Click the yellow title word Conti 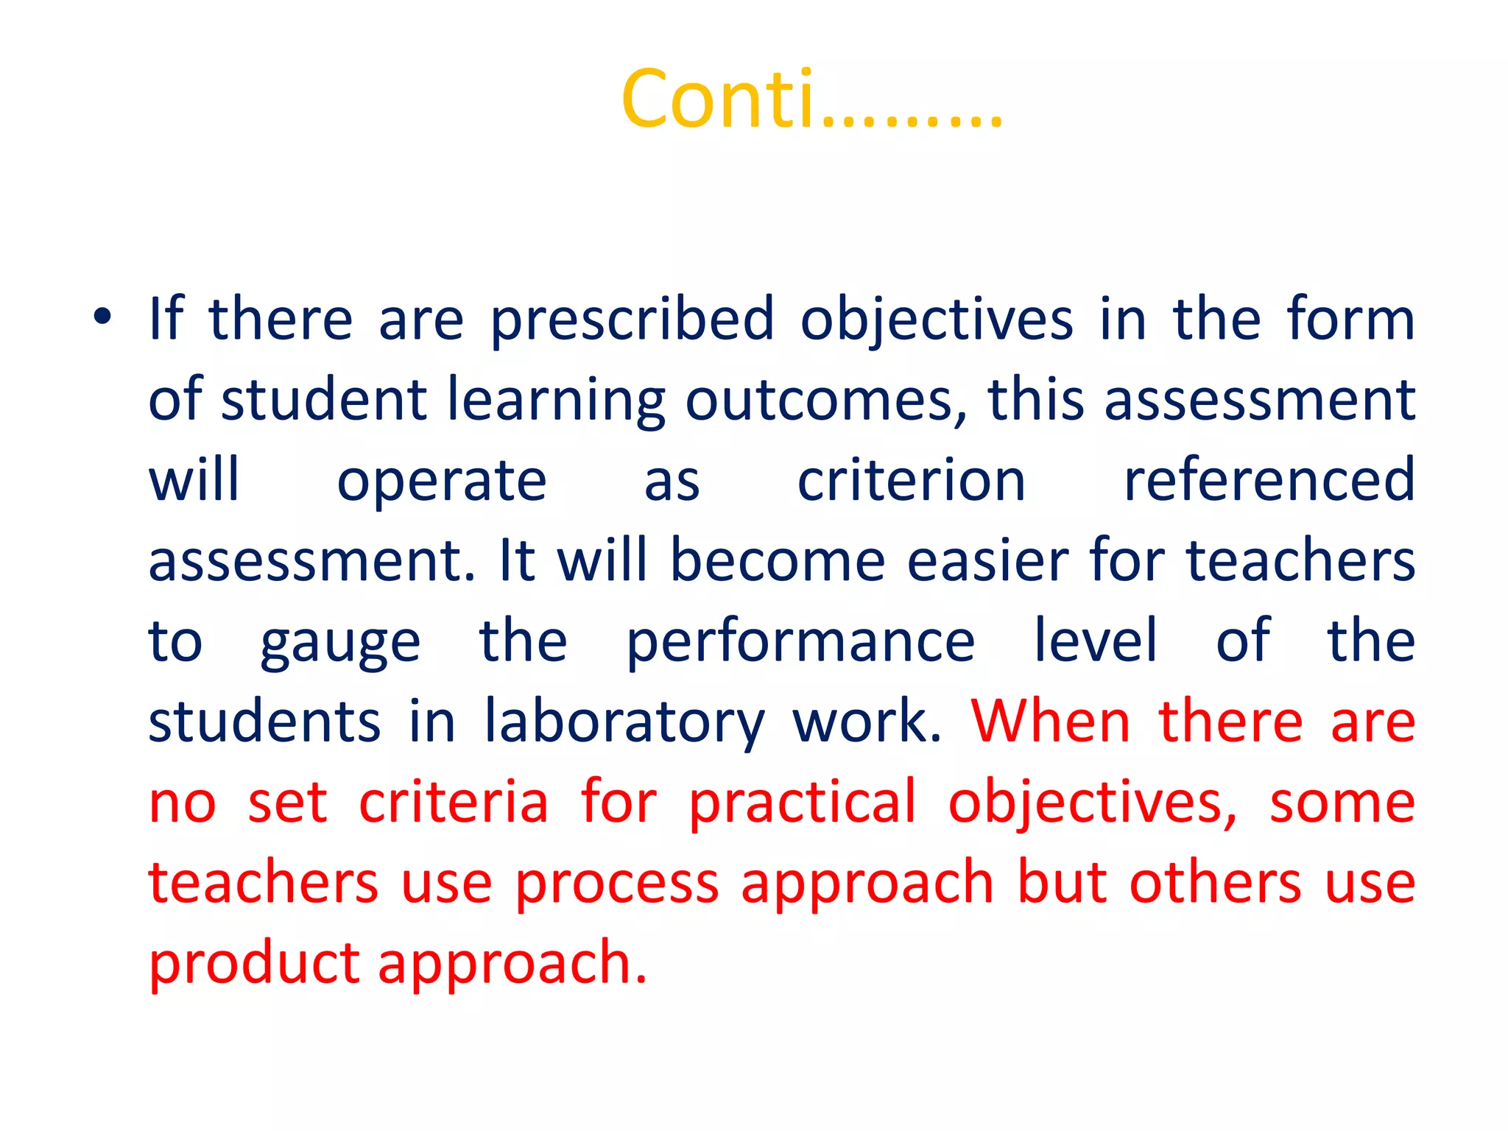(x=718, y=99)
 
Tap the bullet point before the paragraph (x=102, y=318)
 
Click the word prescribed (x=633, y=321)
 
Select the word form (x=1350, y=320)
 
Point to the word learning (x=556, y=401)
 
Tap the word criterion (x=912, y=480)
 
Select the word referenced (x=1269, y=480)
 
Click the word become (x=778, y=560)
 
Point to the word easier (x=988, y=560)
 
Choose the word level (x=1096, y=641)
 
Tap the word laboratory (x=624, y=722)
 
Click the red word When (x=1051, y=721)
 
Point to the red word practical (x=803, y=803)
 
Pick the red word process (x=617, y=884)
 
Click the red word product (x=254, y=964)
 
